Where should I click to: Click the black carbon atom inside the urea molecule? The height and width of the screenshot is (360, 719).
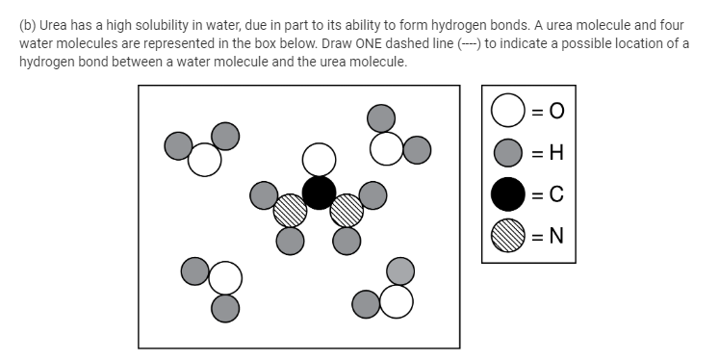[x=320, y=192]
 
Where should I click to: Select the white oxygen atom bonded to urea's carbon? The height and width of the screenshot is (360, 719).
[x=320, y=159]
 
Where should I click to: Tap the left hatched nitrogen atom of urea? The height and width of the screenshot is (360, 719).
[x=291, y=209]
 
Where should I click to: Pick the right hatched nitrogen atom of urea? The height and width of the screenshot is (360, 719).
[x=347, y=209]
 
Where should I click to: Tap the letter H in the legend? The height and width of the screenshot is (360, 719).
[x=556, y=152]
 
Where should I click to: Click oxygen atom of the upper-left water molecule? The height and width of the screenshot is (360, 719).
[x=204, y=160]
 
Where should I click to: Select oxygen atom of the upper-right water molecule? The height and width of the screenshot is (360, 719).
[x=388, y=147]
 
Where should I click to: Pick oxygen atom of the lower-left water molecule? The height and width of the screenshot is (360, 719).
[x=225, y=279]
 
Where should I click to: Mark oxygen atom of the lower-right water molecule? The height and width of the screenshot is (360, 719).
[x=396, y=301]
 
